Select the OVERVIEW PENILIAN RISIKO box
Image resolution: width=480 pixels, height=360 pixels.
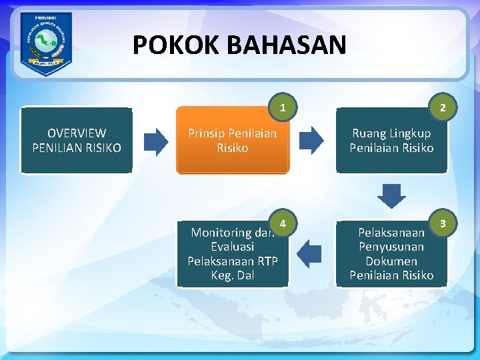(x=77, y=141)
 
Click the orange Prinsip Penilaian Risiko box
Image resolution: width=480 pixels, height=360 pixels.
(x=233, y=141)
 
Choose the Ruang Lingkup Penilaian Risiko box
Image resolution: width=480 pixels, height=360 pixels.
(x=391, y=141)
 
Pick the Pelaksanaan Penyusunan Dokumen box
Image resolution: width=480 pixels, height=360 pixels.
(x=391, y=254)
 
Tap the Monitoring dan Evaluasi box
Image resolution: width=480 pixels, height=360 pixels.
(x=233, y=254)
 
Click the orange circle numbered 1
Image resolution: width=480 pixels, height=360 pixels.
(x=283, y=107)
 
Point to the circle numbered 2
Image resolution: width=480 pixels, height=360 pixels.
(x=443, y=107)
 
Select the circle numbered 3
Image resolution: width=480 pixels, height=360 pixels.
(x=443, y=221)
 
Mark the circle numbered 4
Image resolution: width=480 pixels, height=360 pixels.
(x=283, y=222)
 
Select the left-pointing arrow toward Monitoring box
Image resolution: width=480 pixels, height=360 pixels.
(x=309, y=254)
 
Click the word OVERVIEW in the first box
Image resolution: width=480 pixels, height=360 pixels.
(x=77, y=133)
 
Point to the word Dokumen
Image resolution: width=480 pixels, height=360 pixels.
(x=391, y=261)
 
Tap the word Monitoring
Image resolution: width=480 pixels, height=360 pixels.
(x=220, y=233)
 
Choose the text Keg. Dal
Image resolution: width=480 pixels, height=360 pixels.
(x=233, y=275)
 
